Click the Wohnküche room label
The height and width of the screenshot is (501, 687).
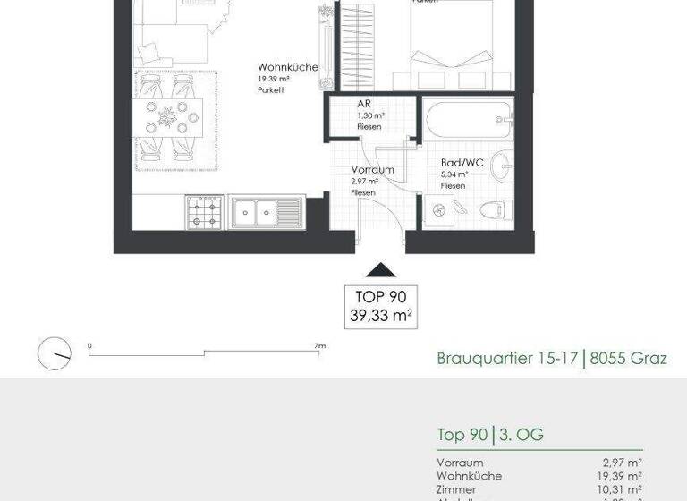[287, 67]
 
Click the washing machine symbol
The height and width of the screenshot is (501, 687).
[438, 210]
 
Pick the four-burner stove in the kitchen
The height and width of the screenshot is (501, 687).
[204, 212]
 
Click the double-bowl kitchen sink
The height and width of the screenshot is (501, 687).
[267, 213]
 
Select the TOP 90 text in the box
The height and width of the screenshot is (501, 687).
[381, 297]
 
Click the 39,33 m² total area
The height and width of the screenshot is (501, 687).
[381, 315]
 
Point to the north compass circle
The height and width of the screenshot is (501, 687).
[55, 352]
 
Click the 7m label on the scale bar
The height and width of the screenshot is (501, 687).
[319, 345]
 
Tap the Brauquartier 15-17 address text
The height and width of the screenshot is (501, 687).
[505, 359]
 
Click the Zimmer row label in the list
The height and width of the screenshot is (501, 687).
[455, 490]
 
